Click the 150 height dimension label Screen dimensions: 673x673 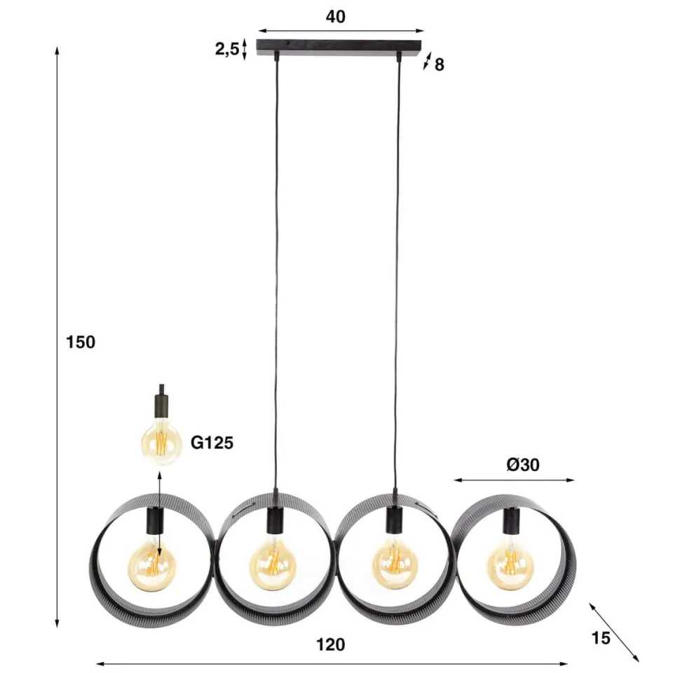(80, 342)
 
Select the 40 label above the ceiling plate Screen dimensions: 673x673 (336, 17)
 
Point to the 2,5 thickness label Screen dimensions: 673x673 (226, 49)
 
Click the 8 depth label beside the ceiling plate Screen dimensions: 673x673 (439, 65)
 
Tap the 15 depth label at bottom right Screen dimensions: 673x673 (601, 638)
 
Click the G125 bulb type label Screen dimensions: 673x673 (211, 442)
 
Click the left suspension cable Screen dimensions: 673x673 (275, 280)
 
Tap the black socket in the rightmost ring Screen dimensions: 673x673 (511, 521)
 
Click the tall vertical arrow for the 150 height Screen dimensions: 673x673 (57, 336)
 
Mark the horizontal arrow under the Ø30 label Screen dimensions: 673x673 (514, 480)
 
